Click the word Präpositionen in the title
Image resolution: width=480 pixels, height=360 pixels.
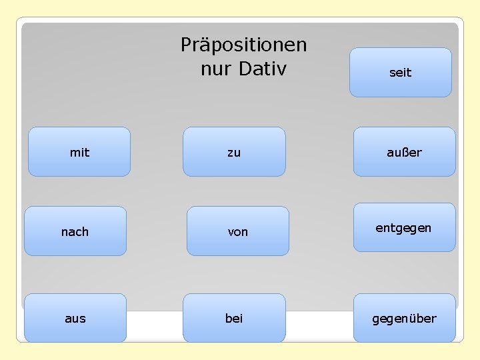tap(243, 45)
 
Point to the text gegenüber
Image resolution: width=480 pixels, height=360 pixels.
tap(404, 319)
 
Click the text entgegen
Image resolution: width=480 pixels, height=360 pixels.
tap(403, 228)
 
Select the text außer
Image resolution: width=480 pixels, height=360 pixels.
tap(404, 153)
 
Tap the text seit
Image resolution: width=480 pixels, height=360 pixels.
tap(400, 73)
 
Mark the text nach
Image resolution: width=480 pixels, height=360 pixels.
tap(75, 232)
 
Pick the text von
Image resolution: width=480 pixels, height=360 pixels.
tap(237, 232)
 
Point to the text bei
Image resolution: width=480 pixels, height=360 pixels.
tap(234, 319)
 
